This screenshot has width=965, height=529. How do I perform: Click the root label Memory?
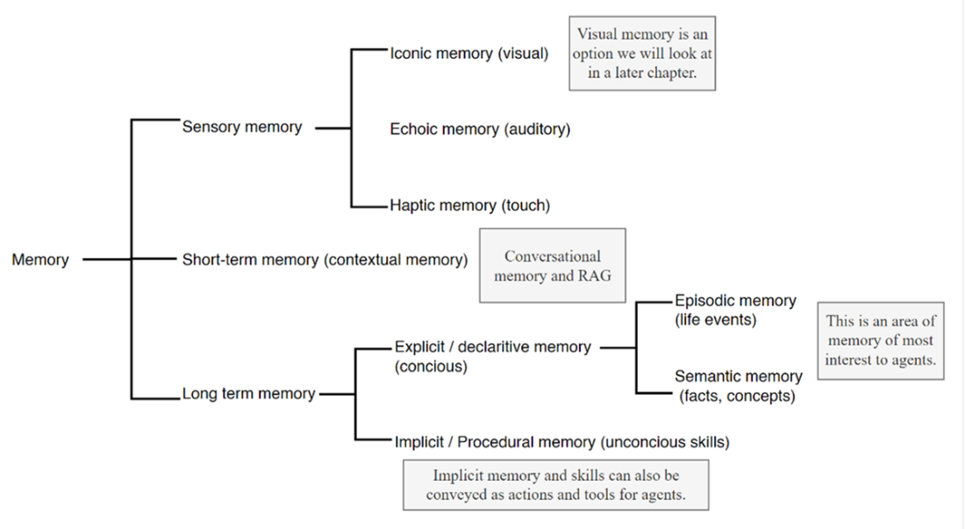(40, 260)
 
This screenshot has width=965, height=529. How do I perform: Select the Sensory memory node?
(242, 127)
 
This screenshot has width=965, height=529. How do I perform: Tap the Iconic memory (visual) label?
(469, 54)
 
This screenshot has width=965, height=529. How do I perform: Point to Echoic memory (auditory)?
(480, 130)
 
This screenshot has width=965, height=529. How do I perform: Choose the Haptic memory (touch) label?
(470, 206)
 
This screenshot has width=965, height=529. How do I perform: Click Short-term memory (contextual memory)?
(325, 260)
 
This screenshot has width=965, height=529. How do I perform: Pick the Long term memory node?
(248, 394)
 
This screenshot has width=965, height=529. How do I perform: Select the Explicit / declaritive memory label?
(492, 347)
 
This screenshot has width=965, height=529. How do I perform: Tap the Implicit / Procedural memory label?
(561, 442)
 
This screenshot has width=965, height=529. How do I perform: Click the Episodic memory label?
(735, 301)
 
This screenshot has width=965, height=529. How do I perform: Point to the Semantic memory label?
(738, 376)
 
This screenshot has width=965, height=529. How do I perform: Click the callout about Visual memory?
(642, 54)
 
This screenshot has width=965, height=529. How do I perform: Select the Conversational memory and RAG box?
(553, 266)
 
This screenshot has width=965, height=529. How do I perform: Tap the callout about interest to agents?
(880, 341)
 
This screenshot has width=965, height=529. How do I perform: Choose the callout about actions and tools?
(556, 485)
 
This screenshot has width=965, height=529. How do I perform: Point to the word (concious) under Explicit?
(431, 367)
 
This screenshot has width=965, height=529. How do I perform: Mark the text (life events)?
(715, 320)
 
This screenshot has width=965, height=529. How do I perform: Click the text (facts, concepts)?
(737, 396)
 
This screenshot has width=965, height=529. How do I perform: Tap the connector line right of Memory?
(105, 260)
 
